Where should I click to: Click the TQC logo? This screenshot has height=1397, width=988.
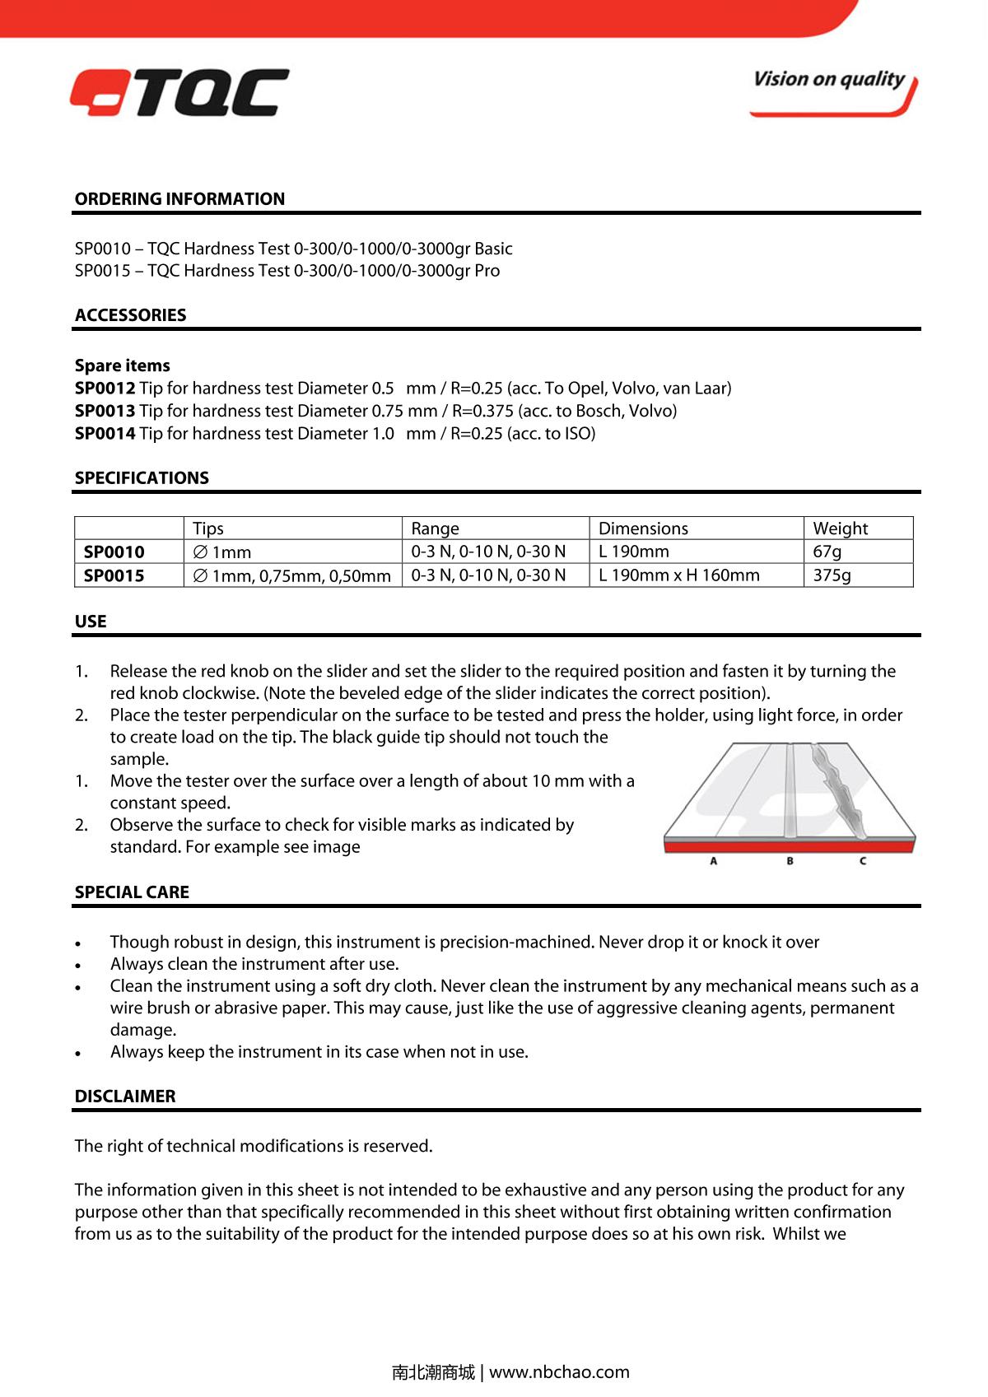pos(179,92)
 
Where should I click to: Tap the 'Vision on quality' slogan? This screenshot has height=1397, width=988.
pos(828,80)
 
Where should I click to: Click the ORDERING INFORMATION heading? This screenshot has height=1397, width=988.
pos(179,199)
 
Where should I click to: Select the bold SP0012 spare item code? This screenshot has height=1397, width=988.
pos(105,389)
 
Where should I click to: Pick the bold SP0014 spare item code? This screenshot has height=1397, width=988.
pos(105,434)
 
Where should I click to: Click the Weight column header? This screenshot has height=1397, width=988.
pos(840,529)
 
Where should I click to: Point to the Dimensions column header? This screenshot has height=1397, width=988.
pos(643,529)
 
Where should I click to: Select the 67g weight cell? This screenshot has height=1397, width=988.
pos(827,552)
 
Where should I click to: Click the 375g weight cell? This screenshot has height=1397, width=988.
pos(832,575)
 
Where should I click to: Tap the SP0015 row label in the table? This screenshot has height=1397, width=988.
pos(114,575)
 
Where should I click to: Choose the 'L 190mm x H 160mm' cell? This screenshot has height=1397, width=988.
pos(678,575)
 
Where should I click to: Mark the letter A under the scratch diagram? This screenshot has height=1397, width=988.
pos(714,861)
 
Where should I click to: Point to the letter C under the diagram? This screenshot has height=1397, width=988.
pos(863,861)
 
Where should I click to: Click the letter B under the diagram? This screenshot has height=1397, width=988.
pos(790,861)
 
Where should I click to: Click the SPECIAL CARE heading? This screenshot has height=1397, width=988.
pos(132,892)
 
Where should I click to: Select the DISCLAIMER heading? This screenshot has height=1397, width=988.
pos(125,1097)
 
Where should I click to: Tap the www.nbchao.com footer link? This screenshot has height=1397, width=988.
pos(559,1372)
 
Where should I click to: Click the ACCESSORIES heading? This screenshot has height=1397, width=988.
pos(130,315)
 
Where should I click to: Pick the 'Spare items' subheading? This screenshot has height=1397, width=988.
pos(122,366)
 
